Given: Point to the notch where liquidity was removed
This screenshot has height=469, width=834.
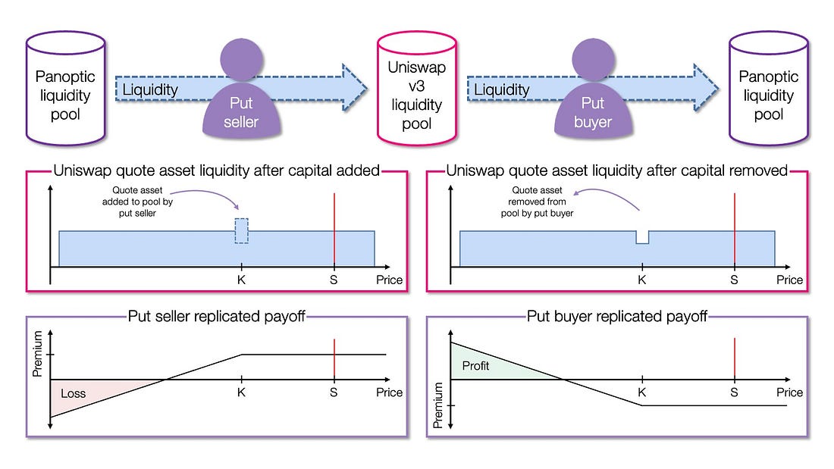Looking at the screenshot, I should coord(642,238).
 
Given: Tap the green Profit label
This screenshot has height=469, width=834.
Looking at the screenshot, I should coord(475,366).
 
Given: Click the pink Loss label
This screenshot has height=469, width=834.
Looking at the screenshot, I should coord(74,393).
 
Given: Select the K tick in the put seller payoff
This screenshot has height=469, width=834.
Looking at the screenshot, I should coord(241,392).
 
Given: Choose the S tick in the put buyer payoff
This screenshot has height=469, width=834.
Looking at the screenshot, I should coord(734,392).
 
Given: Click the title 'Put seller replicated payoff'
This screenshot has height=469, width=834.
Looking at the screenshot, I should coord(216,316).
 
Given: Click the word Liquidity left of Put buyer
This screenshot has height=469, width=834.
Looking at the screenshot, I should coord(502,90).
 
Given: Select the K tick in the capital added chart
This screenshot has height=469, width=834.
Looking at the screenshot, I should coord(241,280).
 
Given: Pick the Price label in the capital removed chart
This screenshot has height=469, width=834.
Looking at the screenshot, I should coord(789,280).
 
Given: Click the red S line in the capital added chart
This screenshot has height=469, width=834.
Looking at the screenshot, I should coord(334,227).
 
